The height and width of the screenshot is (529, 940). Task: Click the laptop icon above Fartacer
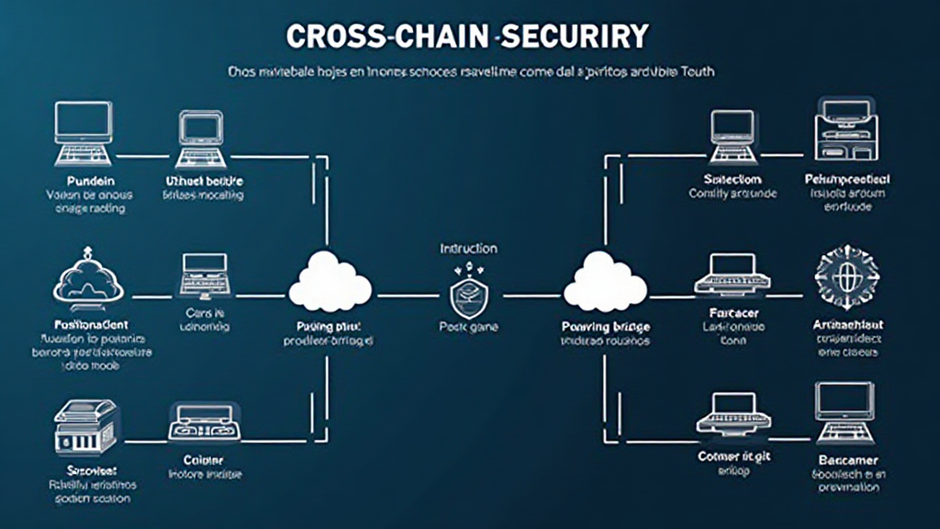point(732,275)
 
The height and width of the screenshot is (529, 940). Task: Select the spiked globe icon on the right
point(845,275)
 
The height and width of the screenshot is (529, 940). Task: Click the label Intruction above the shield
point(468,248)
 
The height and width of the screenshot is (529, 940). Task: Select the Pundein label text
point(84,180)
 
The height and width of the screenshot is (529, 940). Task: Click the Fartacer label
point(732,312)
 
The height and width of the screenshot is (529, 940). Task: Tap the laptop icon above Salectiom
point(733,134)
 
